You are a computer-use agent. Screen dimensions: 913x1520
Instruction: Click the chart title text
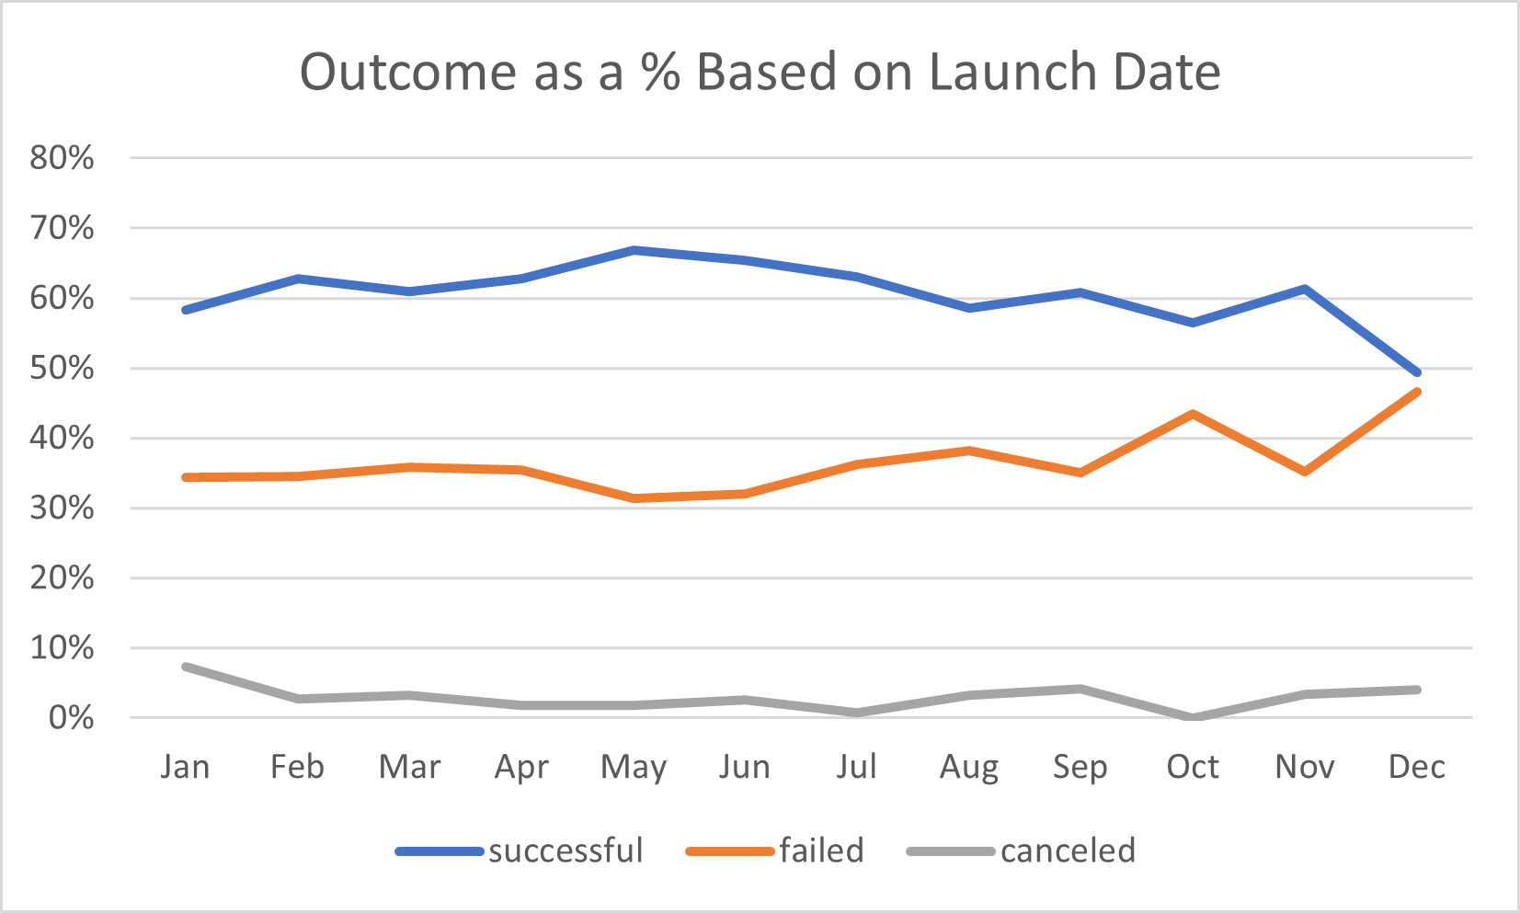click(760, 72)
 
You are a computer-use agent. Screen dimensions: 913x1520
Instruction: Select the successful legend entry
click(520, 850)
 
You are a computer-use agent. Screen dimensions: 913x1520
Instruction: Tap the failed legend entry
click(775, 850)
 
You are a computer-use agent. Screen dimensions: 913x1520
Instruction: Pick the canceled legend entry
click(1022, 850)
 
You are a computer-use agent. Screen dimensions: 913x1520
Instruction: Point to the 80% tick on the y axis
click(62, 158)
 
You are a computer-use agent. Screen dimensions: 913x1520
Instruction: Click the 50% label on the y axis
click(62, 369)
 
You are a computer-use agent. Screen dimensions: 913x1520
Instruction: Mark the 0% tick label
click(70, 718)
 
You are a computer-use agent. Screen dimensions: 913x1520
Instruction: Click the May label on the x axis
click(633, 767)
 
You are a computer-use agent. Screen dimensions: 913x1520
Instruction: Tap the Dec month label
click(1416, 767)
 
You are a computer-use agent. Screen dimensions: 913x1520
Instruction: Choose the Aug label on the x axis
click(968, 767)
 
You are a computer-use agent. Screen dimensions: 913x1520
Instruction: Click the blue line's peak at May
click(634, 250)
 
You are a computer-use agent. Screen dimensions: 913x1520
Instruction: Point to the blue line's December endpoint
click(1417, 372)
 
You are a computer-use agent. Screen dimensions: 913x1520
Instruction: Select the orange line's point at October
click(1193, 414)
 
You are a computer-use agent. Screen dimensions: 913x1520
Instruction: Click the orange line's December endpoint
click(1417, 392)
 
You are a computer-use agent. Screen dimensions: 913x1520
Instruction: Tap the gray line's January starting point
click(186, 667)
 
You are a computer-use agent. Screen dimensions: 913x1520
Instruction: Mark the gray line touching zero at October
click(1193, 717)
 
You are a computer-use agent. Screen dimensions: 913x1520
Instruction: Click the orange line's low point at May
click(634, 498)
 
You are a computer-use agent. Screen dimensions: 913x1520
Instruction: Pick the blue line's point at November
click(1305, 289)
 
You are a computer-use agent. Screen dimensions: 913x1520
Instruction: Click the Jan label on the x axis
click(185, 767)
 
